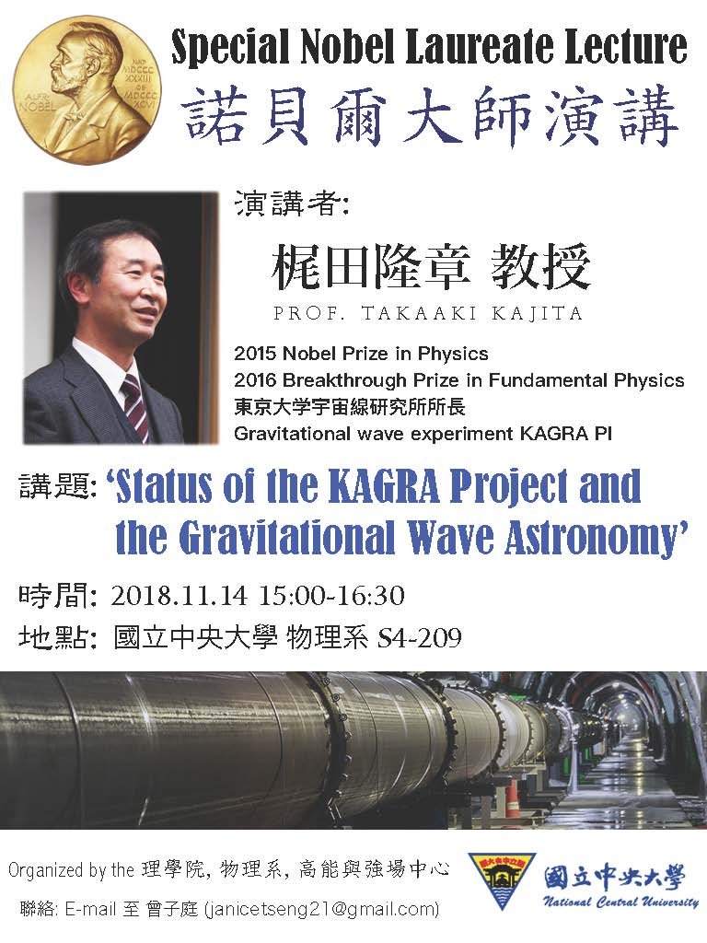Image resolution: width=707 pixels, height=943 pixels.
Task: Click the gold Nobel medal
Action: tap(87, 90)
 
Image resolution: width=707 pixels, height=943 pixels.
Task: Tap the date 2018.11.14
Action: tap(180, 596)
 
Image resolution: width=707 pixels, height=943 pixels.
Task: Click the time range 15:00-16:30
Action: tap(331, 596)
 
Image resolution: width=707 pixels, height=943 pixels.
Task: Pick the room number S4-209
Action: tap(419, 638)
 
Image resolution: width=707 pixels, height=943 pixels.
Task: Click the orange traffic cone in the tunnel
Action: tap(512, 797)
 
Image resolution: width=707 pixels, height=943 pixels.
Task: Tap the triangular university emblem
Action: tap(501, 880)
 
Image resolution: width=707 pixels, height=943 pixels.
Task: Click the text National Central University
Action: tap(621, 902)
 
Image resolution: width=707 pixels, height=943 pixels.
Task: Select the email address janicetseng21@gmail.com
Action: tap(321, 909)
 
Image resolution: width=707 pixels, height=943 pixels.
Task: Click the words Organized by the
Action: tap(71, 870)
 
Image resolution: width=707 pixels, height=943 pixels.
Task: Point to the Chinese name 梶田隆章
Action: tap(370, 266)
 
